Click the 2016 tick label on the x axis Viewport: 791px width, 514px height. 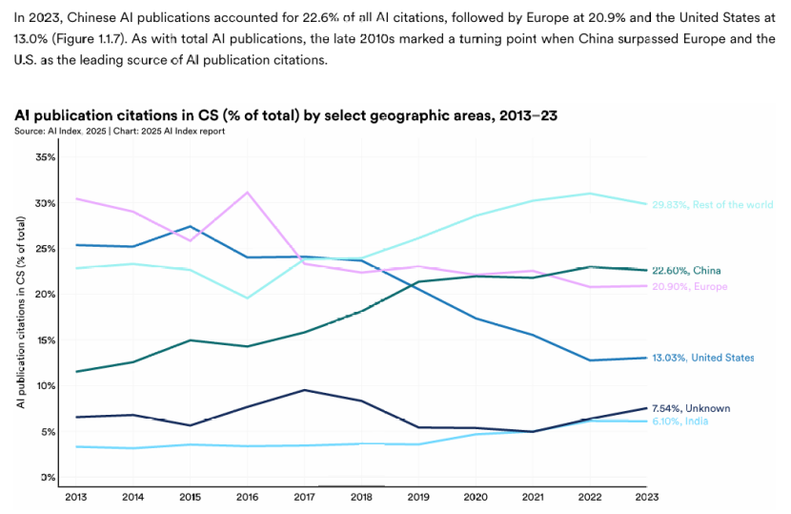point(248,496)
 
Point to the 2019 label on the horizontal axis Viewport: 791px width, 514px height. point(419,496)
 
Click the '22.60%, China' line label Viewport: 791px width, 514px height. point(685,271)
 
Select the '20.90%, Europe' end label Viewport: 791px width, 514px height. point(689,287)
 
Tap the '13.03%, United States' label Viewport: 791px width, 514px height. point(702,358)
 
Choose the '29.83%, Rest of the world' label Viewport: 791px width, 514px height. point(711,204)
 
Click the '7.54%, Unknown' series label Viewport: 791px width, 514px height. point(690,408)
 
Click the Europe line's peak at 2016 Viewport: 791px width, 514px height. point(248,193)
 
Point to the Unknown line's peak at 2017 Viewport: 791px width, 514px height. point(303,390)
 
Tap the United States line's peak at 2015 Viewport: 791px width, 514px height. point(192,227)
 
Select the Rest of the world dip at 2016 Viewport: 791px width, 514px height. point(248,298)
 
